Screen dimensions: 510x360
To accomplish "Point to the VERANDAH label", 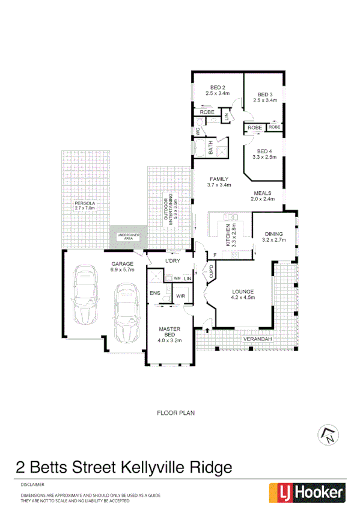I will pyautogui.click(x=257, y=340).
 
